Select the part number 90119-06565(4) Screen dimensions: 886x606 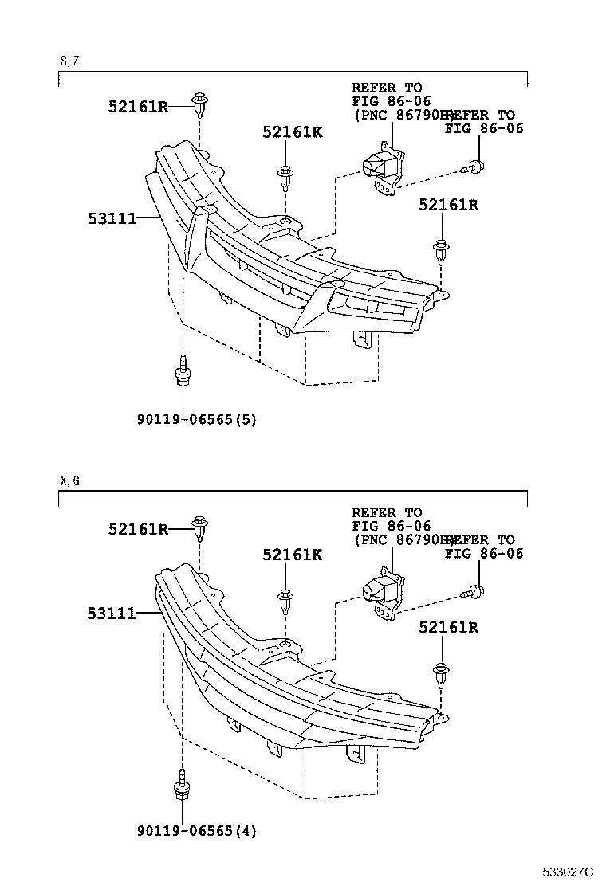[196, 831]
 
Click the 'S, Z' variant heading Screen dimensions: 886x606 [69, 61]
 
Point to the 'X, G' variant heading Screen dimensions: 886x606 [69, 481]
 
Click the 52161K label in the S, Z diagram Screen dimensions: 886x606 [292, 132]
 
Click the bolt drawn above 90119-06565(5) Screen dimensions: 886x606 [183, 374]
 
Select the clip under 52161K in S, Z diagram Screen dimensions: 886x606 [285, 175]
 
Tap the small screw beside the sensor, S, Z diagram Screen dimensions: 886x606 [474, 167]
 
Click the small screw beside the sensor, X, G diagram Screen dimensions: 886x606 [474, 591]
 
